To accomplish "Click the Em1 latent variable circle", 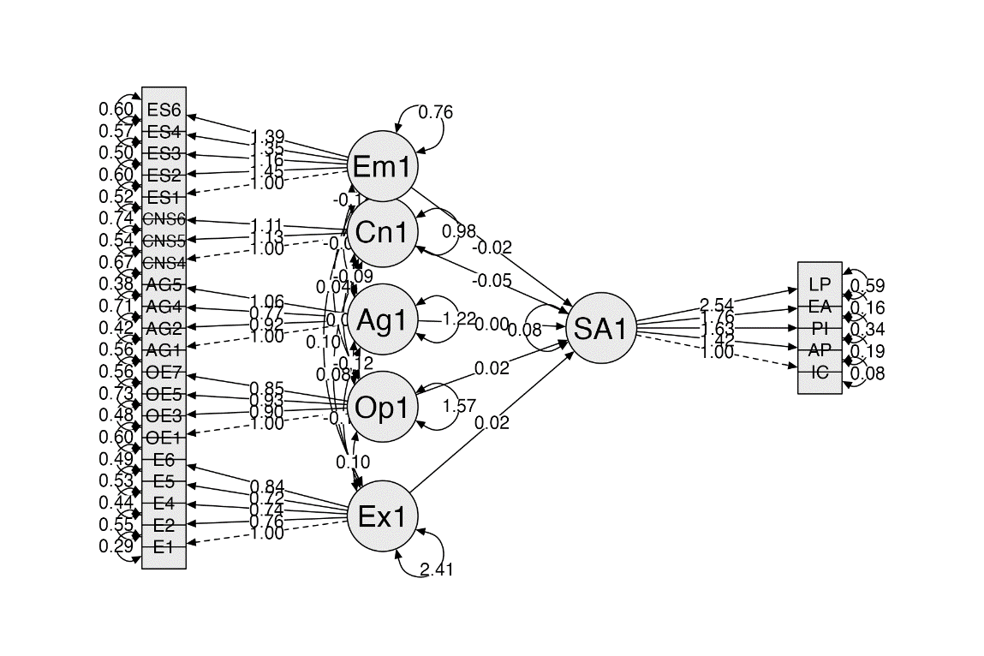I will pos(382,166).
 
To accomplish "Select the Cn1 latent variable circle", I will pos(382,232).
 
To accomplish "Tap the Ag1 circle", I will pos(382,319).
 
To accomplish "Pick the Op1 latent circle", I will pos(382,407).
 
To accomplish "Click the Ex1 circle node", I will pos(382,516).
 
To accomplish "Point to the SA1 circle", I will pos(601,329).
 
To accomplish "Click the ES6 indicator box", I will pos(164,110).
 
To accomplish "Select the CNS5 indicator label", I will pos(164,240).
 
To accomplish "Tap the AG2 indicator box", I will pos(164,328).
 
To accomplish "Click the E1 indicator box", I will pos(164,545).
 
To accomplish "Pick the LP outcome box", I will pos(820,284).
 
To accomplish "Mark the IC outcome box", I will pos(820,372).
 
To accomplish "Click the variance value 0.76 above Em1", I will pos(435,112).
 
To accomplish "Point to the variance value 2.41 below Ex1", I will pos(436,570).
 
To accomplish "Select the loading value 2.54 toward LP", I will pos(717,305).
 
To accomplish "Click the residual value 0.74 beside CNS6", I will pos(116,218).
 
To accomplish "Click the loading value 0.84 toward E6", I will pos(267,486).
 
